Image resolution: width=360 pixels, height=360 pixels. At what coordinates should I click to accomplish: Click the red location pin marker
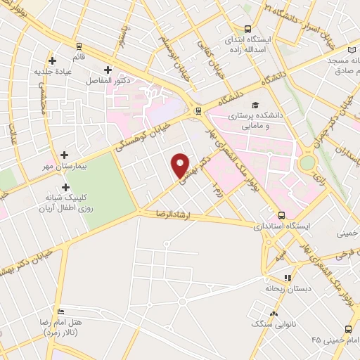pyautogui.click(x=181, y=165)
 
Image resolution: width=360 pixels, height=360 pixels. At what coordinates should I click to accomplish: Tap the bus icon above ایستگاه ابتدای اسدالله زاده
pyautogui.click(x=247, y=29)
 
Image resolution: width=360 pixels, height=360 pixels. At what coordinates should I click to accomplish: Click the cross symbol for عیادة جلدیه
pyautogui.click(x=52, y=60)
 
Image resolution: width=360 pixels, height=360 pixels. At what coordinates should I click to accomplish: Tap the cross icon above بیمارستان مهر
pyautogui.click(x=65, y=155)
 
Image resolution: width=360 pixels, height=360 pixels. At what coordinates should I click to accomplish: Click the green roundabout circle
pyautogui.click(x=307, y=163)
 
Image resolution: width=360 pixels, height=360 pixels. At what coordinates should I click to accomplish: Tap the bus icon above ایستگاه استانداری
pyautogui.click(x=281, y=215)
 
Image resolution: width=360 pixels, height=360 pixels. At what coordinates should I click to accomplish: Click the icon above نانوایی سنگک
pyautogui.click(x=274, y=314)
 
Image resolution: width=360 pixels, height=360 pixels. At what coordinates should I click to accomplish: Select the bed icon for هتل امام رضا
pyautogui.click(x=61, y=311)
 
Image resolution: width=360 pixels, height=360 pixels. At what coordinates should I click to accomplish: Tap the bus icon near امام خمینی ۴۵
pyautogui.click(x=349, y=329)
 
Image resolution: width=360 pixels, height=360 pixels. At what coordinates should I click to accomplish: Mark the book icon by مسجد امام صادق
pyautogui.click(x=352, y=50)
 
